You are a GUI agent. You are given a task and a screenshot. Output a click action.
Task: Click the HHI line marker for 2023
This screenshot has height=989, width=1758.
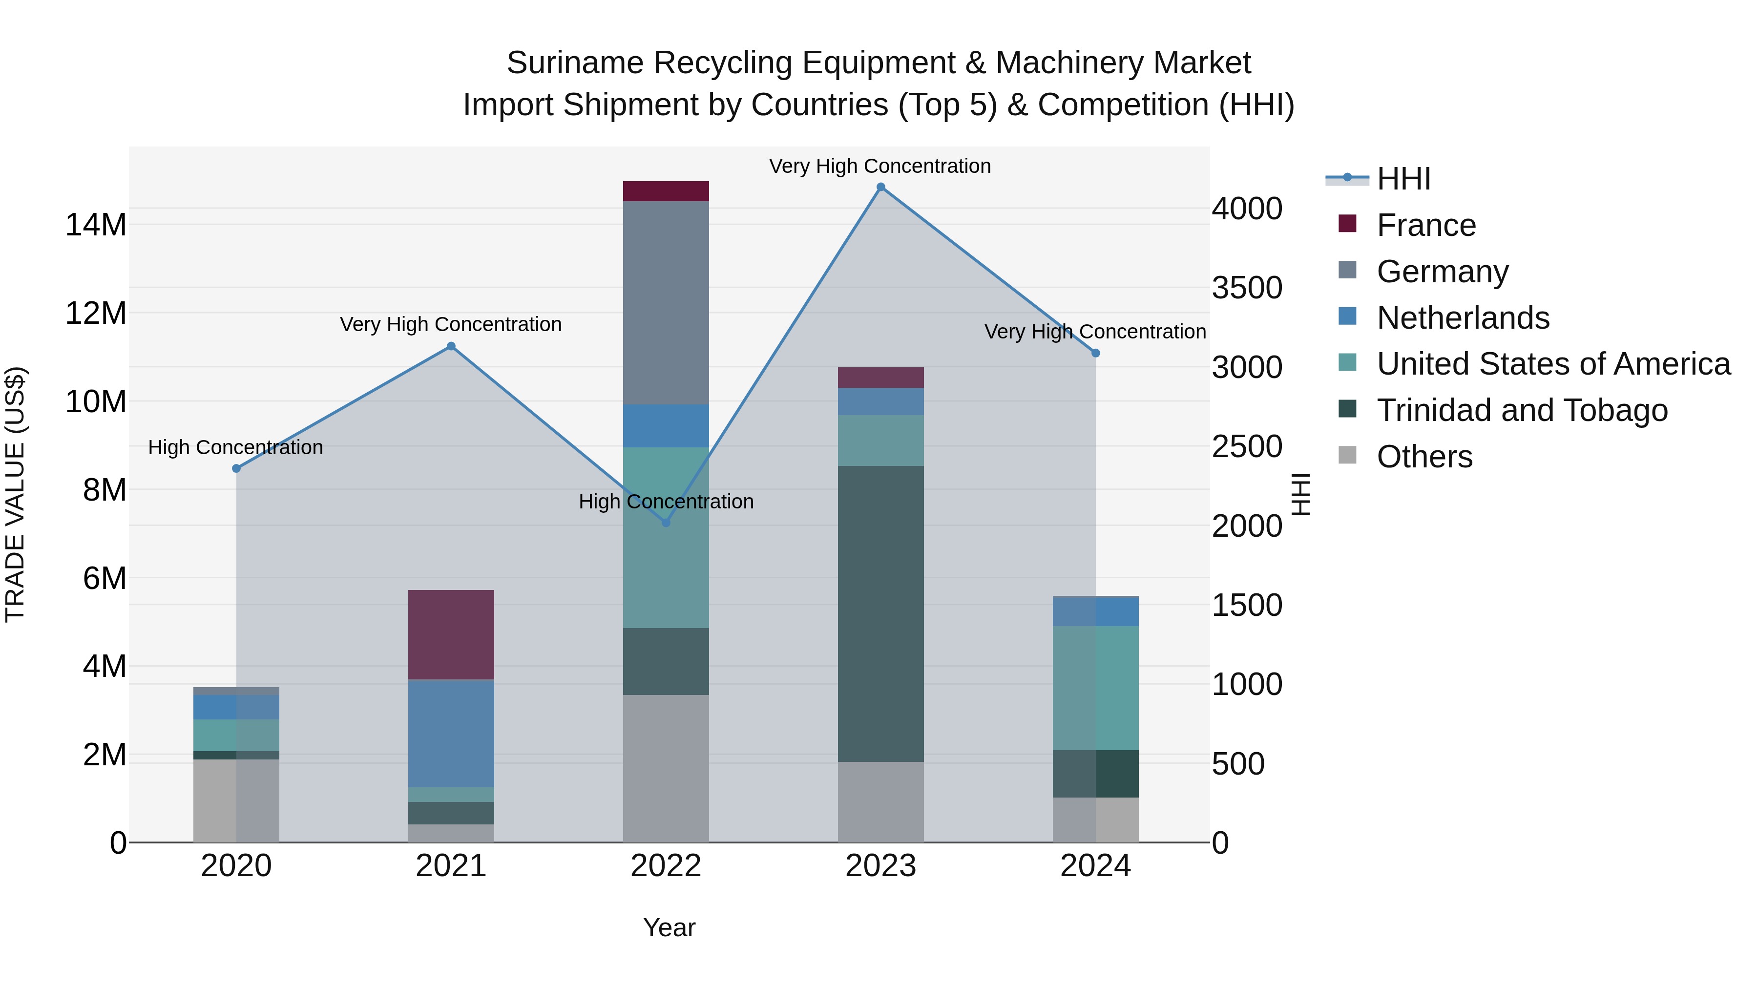880,187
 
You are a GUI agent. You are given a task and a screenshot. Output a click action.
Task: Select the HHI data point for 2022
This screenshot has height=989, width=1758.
666,523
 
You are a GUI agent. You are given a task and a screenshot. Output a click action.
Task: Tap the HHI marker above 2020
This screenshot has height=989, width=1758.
236,468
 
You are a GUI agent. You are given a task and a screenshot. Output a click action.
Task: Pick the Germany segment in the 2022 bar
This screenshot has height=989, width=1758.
666,302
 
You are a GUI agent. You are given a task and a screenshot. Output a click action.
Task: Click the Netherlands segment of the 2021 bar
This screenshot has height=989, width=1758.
451,733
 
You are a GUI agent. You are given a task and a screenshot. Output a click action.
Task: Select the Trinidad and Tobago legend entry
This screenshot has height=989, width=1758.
1521,410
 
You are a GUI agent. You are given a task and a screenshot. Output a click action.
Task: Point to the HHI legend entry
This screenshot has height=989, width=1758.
1403,179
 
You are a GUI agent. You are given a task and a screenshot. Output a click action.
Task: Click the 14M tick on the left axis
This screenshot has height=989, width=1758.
96,225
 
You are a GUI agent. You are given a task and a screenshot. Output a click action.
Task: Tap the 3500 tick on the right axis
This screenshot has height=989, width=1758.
1247,287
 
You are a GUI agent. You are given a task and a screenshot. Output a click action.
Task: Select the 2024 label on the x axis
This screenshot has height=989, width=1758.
1095,865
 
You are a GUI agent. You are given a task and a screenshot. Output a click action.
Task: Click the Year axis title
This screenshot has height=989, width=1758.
669,927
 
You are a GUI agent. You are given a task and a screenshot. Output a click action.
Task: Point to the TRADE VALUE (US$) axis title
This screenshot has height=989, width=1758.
15,494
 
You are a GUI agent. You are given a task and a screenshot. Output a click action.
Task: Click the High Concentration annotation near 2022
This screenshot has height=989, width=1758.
666,502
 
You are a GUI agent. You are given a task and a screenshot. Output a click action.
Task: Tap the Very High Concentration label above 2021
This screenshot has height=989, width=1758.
451,324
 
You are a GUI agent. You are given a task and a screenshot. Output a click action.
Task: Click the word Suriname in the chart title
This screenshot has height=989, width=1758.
575,63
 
